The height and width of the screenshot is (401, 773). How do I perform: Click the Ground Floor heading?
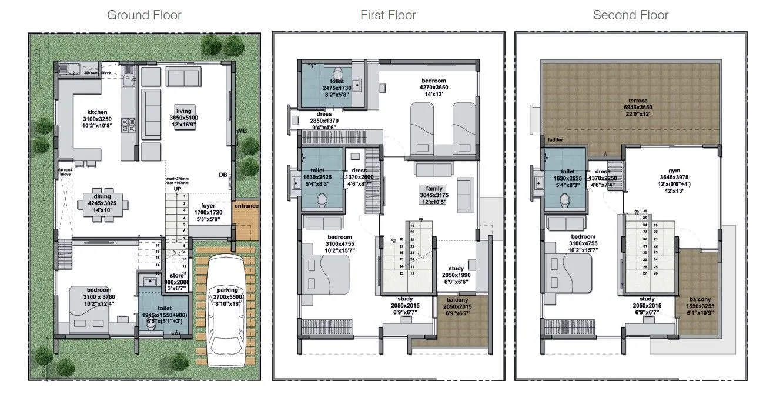pos(144,15)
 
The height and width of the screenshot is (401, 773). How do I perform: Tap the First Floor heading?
pos(388,15)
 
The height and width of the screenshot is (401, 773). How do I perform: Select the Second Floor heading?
pos(631,15)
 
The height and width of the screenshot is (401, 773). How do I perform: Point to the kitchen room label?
pos(98,112)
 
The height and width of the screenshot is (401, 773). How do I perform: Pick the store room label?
pos(177,275)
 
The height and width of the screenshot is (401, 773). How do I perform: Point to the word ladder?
pos(556,140)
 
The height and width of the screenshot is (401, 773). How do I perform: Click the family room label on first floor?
pos(434,188)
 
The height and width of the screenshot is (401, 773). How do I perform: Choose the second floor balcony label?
pos(700,300)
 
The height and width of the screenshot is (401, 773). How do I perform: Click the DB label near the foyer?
pos(223,175)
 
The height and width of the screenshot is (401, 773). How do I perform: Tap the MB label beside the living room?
pos(241,131)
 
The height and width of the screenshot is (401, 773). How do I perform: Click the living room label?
pos(183,111)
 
